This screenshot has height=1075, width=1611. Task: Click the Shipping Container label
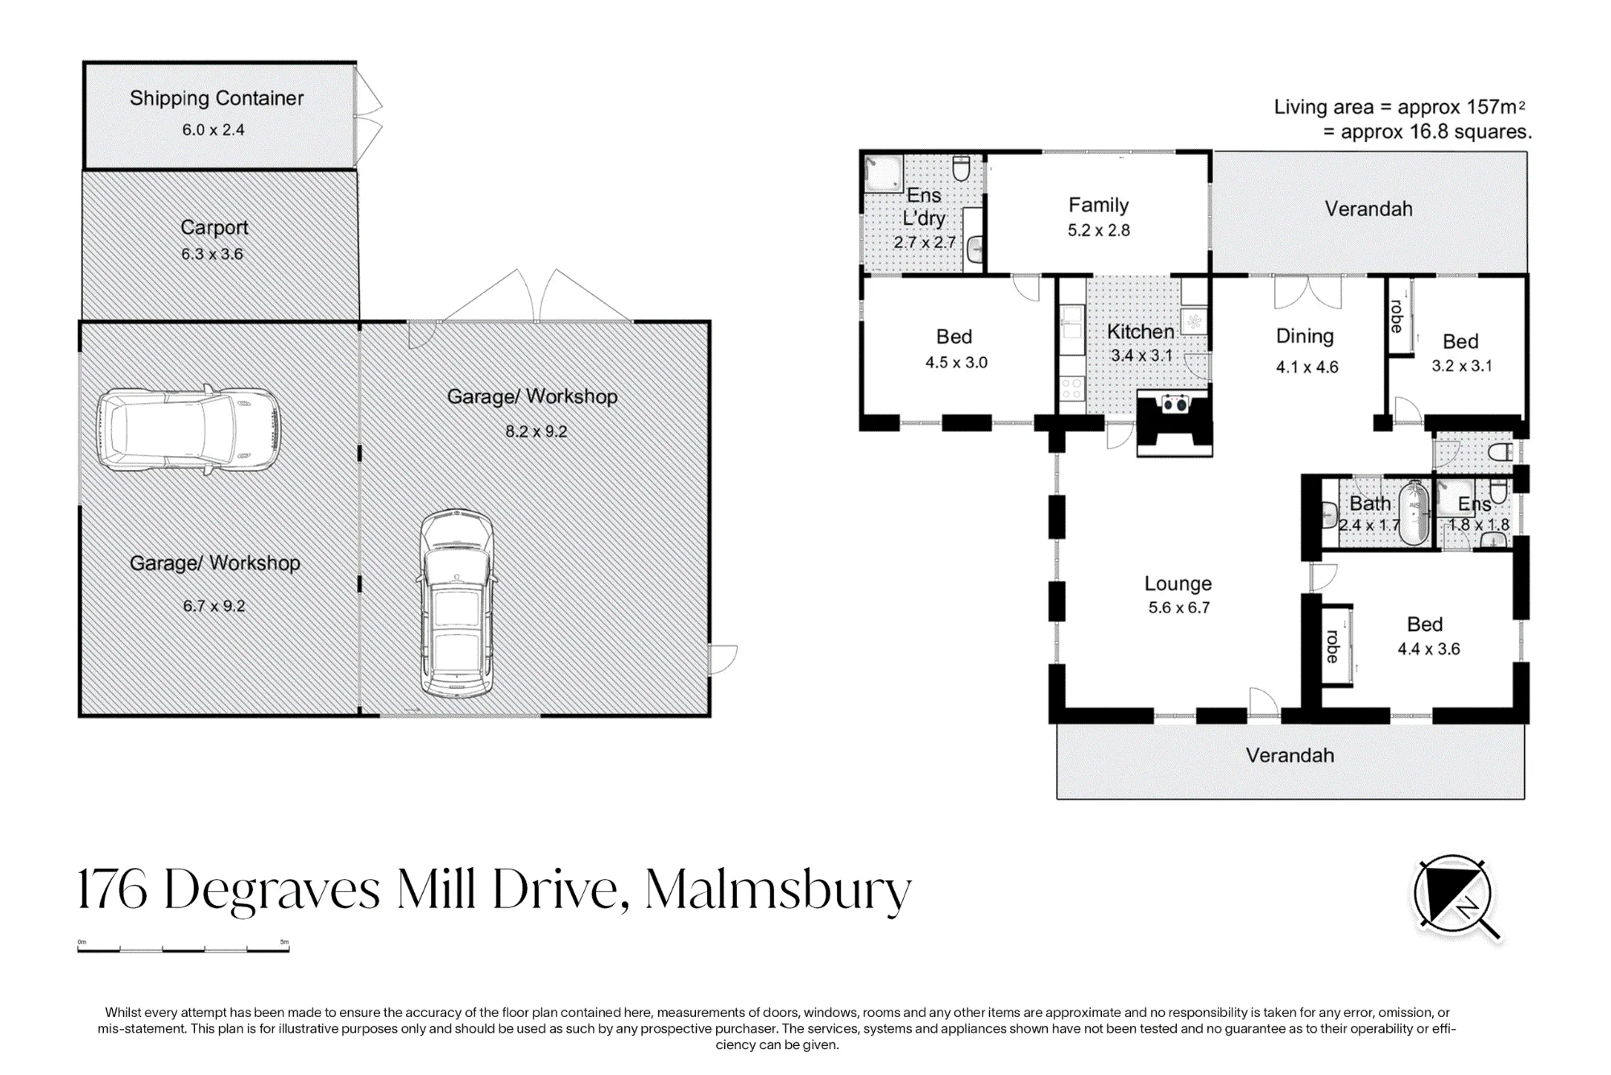tap(217, 98)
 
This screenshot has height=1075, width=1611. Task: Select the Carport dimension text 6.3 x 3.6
tap(212, 254)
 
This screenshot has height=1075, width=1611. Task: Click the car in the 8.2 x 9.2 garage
tap(457, 604)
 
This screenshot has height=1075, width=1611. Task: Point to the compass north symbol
tap(1457, 896)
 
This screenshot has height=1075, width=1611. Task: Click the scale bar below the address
tap(183, 949)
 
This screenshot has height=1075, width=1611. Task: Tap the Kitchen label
tap(1140, 331)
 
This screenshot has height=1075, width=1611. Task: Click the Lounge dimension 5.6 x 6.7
tap(1179, 608)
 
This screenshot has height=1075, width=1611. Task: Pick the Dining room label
tap(1305, 337)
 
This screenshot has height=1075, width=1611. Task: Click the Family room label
tap(1099, 205)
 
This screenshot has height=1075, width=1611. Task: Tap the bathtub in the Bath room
tap(1414, 513)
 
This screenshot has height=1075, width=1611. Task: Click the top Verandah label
tap(1369, 210)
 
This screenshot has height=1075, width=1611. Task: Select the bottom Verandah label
tap(1290, 755)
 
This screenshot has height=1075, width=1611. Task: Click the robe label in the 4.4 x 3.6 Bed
tap(1332, 646)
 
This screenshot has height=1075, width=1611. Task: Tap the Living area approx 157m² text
tap(1400, 106)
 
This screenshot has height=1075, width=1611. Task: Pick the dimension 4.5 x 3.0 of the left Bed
tap(956, 363)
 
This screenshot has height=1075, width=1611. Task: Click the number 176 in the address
tap(112, 890)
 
